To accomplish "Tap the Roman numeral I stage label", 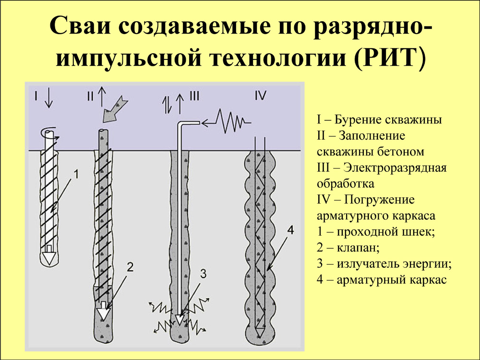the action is (36, 96).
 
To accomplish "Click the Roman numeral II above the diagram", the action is (90, 96).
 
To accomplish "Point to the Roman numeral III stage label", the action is (194, 96).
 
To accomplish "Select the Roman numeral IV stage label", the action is (261, 96).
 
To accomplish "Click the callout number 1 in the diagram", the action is (76, 175).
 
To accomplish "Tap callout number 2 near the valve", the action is (130, 267).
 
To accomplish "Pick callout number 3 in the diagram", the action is (204, 274).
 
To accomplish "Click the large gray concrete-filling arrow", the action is (114, 108).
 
